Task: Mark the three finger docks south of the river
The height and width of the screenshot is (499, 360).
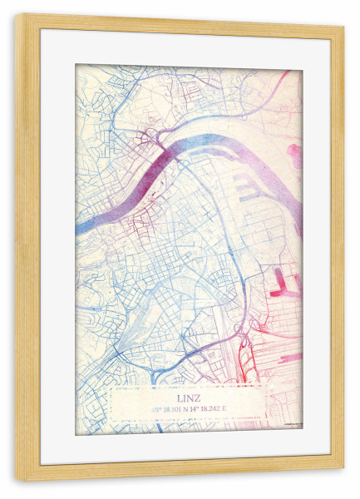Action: coord(246,187)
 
